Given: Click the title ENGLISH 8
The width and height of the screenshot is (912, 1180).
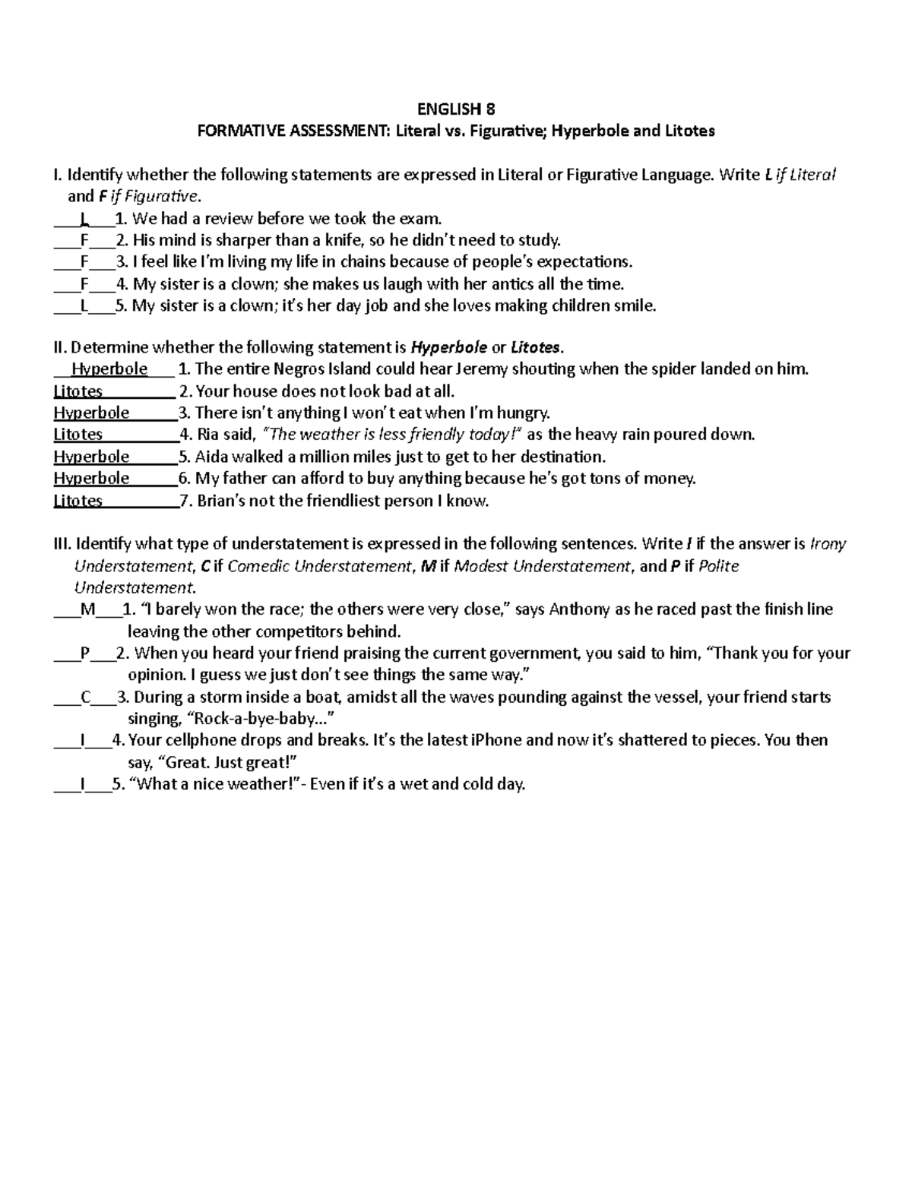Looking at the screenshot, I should click(x=455, y=108).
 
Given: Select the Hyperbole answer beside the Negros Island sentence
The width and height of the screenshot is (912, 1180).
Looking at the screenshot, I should click(x=109, y=369).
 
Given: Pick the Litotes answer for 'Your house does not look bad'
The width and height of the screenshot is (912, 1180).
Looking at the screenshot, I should click(x=78, y=391).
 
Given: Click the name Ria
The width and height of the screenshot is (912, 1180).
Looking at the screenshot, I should click(x=210, y=435).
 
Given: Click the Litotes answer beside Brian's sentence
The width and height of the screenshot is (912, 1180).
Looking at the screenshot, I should click(x=78, y=501).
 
